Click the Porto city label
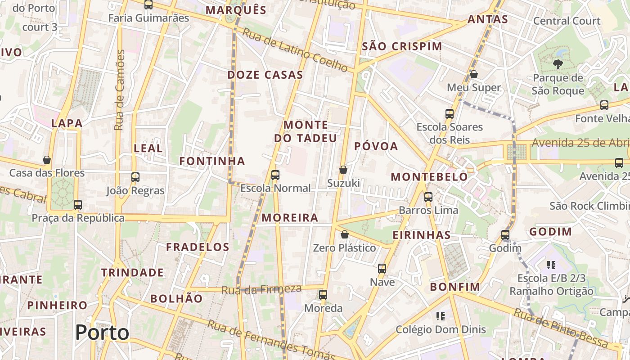coord(102,333)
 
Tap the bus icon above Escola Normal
coord(275,175)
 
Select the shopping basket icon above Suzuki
coord(343,170)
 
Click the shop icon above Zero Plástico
coord(344,234)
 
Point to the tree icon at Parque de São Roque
coord(558,64)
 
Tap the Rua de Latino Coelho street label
coord(295,49)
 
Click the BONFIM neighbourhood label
coord(455,287)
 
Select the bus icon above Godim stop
coord(505,234)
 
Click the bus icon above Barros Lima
coord(428,197)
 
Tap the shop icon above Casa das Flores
coord(47,160)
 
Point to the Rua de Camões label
coord(120,90)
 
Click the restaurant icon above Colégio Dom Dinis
coord(441,316)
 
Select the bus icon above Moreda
coord(323,295)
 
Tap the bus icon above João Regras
coord(135,177)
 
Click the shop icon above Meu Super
coord(473,74)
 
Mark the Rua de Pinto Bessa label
coord(561,328)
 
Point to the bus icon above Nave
coord(382,269)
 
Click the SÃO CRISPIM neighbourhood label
coord(402,46)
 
